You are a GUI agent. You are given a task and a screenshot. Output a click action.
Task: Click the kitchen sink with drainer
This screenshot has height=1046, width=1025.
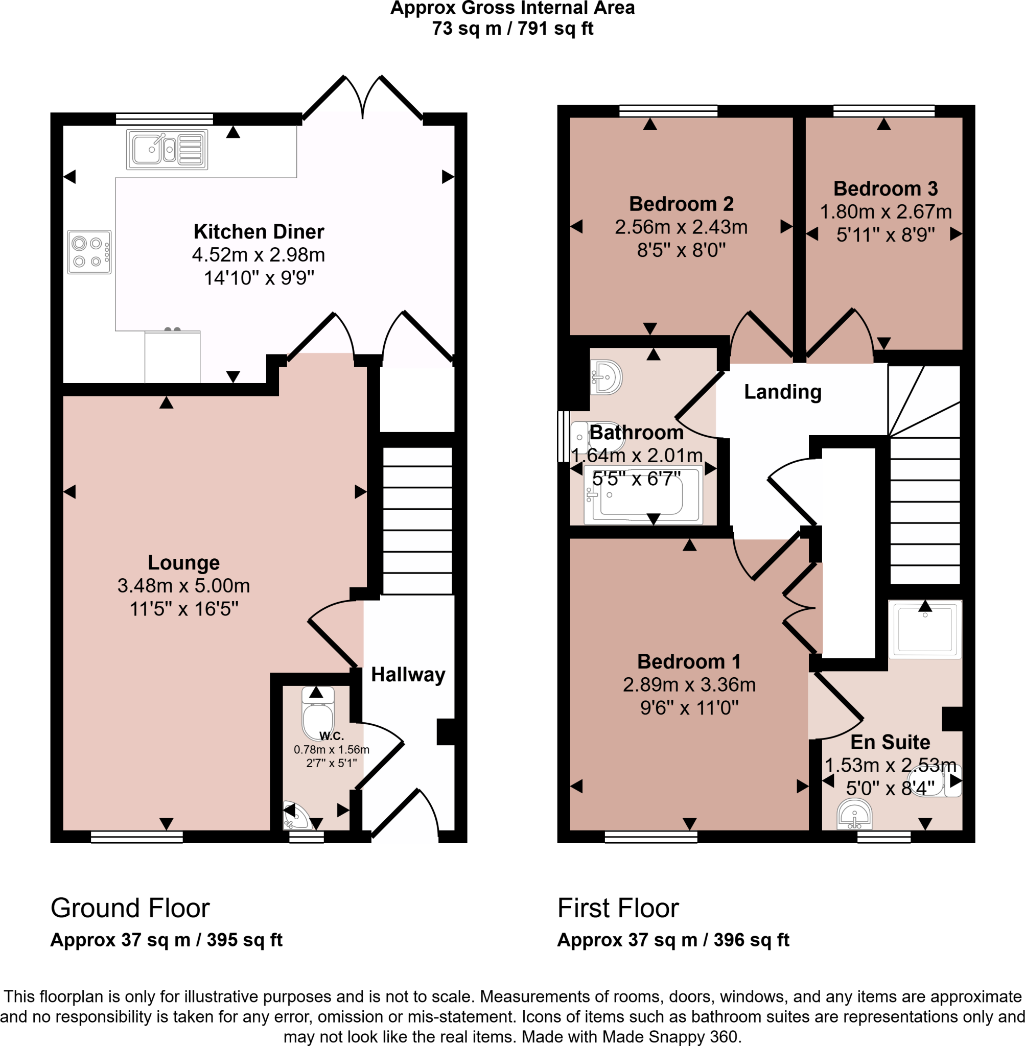coord(167,149)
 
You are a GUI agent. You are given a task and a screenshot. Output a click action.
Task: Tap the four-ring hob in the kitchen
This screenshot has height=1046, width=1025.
coord(89,252)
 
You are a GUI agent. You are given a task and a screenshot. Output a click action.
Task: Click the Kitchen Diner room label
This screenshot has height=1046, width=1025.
coord(259,231)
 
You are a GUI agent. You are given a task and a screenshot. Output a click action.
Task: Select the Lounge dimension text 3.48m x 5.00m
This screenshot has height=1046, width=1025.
coord(183,585)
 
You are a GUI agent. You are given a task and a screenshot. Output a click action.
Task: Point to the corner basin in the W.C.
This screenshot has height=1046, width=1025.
coord(296,817)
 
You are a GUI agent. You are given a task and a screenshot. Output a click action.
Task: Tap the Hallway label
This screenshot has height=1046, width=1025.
coord(408,674)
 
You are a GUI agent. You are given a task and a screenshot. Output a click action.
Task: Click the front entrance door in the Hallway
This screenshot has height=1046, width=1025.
coord(405,813)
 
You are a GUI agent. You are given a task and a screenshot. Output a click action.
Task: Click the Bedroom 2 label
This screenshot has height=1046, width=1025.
coord(681,204)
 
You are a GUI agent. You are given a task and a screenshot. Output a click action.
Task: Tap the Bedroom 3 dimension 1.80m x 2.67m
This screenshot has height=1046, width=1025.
coord(886,211)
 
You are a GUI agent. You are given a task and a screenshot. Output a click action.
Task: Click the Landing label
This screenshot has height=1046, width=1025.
coord(782,392)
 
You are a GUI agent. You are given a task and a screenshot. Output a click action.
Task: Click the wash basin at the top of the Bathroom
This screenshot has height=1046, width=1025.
coord(607,376)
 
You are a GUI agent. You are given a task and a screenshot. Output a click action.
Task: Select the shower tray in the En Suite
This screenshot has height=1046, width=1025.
coord(924,629)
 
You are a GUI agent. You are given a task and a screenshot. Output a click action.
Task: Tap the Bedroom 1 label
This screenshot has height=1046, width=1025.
coord(689,661)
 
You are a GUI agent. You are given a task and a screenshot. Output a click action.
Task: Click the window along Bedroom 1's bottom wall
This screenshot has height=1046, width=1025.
coord(651,837)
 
